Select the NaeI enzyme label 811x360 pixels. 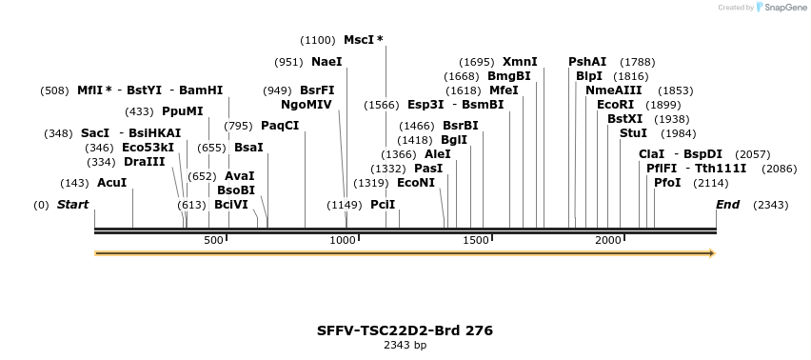pos(326,62)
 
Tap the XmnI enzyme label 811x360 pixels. pos(520,62)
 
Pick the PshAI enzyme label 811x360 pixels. pos(587,62)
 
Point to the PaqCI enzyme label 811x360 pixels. pos(280,126)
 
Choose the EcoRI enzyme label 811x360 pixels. pos(615,105)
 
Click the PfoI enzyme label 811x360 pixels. pos(667,182)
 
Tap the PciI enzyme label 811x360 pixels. pos(383,205)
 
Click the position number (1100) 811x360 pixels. pos(318,40)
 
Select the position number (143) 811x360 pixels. pos(74,182)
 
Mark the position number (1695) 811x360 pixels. pos(476,62)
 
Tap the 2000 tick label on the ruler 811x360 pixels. pos(609,241)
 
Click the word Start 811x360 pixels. pos(72,205)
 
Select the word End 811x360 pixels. pos(727,205)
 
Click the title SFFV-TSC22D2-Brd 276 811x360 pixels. pos(405,330)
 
